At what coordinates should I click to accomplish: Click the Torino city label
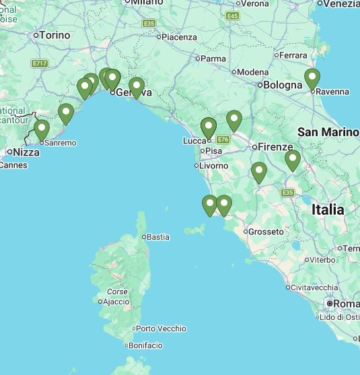click(55, 34)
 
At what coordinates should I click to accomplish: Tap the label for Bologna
click(283, 86)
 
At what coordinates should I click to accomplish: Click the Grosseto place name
click(266, 232)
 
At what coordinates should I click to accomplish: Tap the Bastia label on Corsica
click(158, 237)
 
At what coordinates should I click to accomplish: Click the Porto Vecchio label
click(161, 329)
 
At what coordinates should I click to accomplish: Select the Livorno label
click(215, 165)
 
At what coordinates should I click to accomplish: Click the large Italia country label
click(328, 210)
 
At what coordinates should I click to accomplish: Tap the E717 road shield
click(40, 63)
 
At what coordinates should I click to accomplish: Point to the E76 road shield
click(223, 139)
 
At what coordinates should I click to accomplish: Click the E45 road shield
click(233, 15)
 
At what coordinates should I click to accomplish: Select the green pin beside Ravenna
click(312, 78)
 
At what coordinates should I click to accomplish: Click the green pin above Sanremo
click(42, 129)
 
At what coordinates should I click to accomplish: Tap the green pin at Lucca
click(209, 127)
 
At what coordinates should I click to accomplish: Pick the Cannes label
click(13, 165)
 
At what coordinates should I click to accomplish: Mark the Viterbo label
click(322, 259)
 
